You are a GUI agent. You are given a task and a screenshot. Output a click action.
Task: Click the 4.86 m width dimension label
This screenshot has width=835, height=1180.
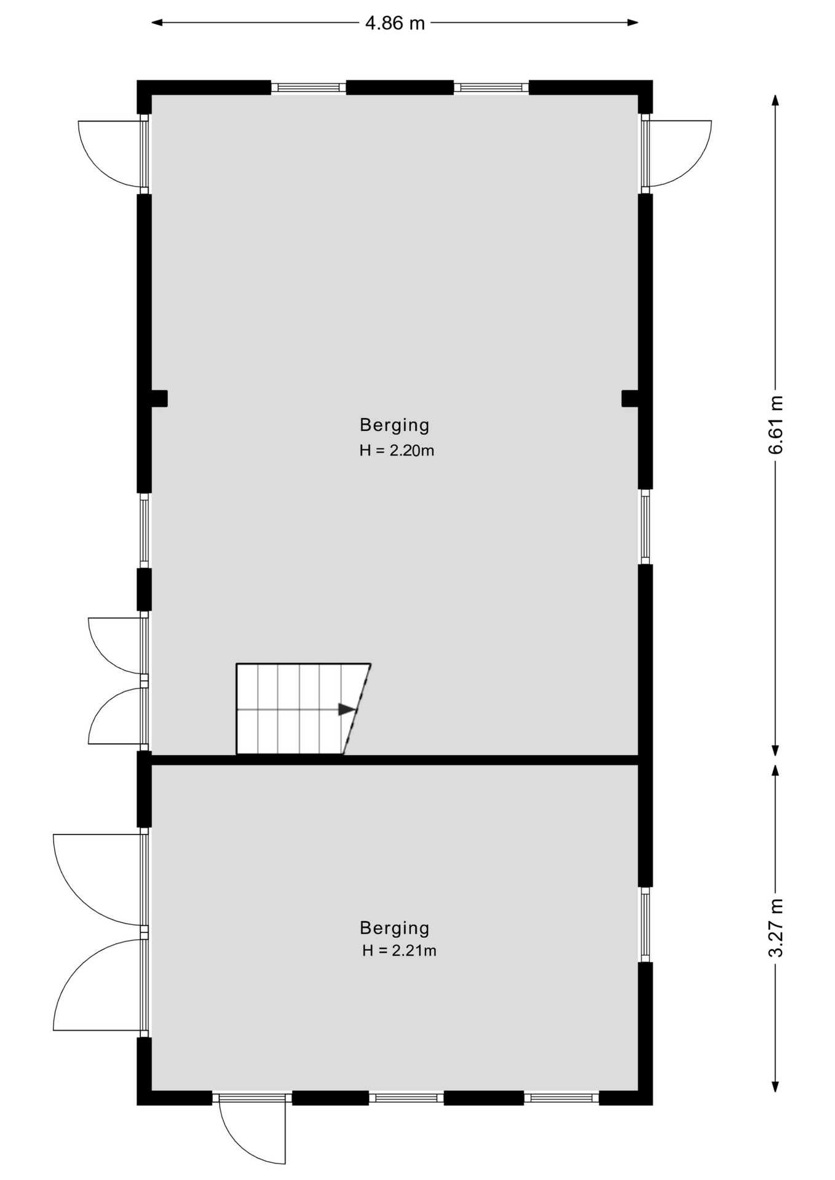coord(395,23)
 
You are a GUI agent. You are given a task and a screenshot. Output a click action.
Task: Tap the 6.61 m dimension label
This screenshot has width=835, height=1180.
coord(776,425)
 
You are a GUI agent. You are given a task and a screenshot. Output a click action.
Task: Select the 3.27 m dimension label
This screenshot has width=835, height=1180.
coord(776,928)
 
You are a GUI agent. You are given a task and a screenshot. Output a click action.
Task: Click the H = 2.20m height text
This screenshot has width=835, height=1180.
coord(397,450)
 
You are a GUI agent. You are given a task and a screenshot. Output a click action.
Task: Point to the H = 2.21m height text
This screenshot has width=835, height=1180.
coord(399,951)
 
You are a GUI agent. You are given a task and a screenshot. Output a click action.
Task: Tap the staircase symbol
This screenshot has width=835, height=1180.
coord(303,709)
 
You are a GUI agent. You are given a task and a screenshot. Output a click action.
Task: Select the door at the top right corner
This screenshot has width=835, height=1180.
coord(676,154)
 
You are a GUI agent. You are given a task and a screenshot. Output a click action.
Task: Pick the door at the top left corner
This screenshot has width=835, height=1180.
coord(113,154)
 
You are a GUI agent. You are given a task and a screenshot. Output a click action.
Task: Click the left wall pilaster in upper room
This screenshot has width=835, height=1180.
coord(159,398)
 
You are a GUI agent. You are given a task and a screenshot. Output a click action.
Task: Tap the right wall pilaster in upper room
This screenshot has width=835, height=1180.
coord(630,398)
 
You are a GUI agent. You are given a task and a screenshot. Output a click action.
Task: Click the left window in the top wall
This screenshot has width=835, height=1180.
coord(309,87)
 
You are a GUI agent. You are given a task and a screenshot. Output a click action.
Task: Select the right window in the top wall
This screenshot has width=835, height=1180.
coord(491,87)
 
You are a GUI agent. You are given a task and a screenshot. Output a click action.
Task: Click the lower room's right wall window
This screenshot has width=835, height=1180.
coord(646,924)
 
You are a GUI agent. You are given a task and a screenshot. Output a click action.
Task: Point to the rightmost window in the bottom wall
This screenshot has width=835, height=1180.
coord(561,1098)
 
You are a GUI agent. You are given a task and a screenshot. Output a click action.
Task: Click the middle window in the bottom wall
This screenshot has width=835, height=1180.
coord(406,1098)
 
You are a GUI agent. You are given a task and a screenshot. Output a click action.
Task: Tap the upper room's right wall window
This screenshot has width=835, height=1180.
coord(646,527)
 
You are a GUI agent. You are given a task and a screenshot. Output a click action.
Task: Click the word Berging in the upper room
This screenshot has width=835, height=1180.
coord(395,425)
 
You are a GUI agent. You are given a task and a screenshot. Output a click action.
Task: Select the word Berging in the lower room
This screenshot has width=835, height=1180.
coord(395,928)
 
